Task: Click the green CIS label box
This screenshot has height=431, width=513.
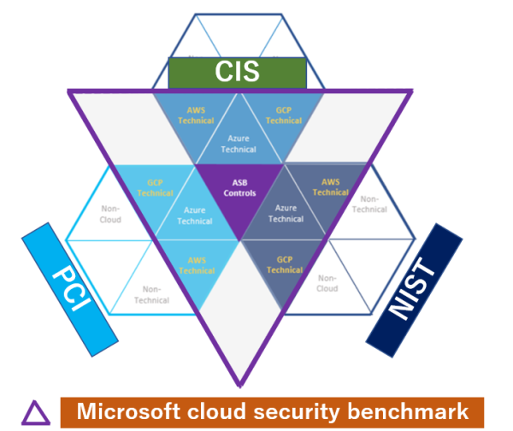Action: pyautogui.click(x=237, y=73)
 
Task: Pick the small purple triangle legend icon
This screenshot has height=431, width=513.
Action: pyautogui.click(x=35, y=413)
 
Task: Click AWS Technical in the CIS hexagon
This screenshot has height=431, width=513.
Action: pyautogui.click(x=196, y=115)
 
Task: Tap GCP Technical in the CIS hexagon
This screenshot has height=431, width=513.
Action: pyautogui.click(x=284, y=115)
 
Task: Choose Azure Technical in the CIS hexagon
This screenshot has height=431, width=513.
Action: pyautogui.click(x=239, y=143)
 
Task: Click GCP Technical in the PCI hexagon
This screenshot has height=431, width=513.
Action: pyautogui.click(x=155, y=188)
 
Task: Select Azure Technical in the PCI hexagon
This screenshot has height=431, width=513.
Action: pyautogui.click(x=196, y=215)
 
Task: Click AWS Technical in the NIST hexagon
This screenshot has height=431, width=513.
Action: pyautogui.click(x=330, y=187)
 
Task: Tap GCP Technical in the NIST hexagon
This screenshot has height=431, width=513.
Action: pyautogui.click(x=284, y=263)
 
